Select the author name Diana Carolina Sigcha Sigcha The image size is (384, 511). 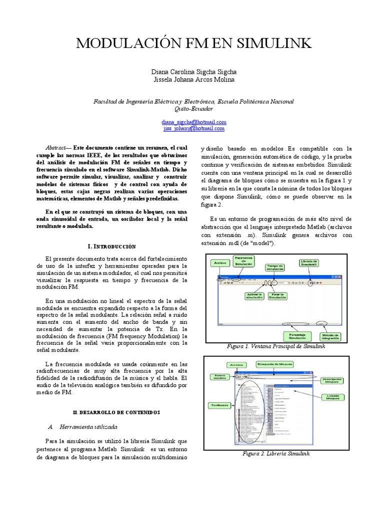coord(194,71)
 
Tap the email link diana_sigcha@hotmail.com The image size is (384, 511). coord(194,122)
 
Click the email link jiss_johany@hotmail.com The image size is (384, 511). coord(194,128)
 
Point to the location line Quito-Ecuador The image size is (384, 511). coord(194,108)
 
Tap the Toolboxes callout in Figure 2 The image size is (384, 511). coord(218,405)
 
